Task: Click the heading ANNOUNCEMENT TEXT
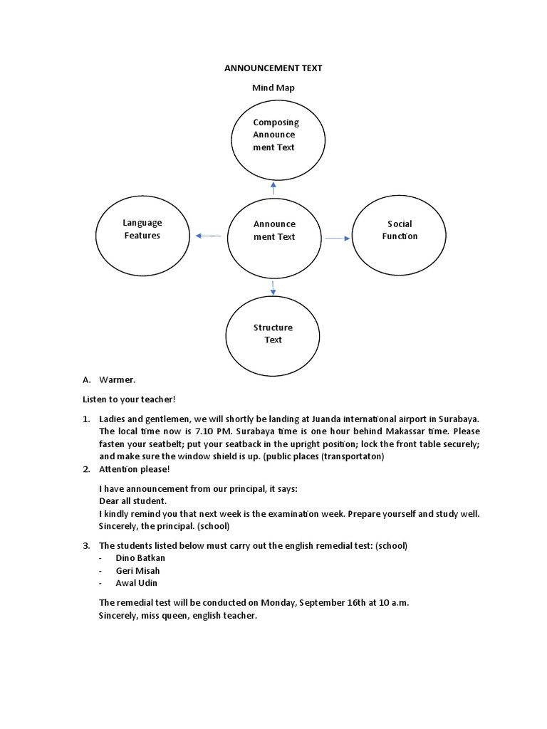click(x=273, y=68)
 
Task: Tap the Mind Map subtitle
click(x=273, y=88)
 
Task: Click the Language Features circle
click(x=142, y=229)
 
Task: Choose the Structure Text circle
click(x=273, y=333)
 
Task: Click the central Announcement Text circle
click(x=274, y=230)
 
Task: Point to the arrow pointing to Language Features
click(x=207, y=236)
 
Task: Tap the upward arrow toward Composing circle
click(x=273, y=188)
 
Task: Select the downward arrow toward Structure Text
click(x=273, y=287)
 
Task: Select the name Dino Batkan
click(x=140, y=557)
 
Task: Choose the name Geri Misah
click(x=137, y=570)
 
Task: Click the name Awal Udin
click(x=136, y=583)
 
